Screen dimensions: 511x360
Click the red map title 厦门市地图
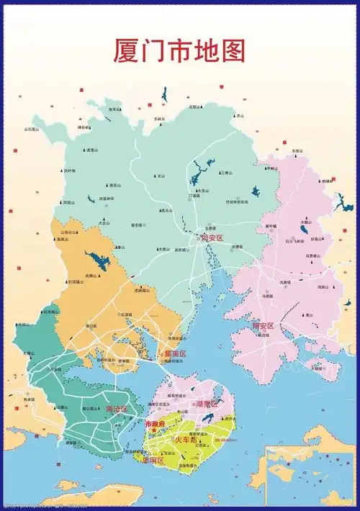click(179, 50)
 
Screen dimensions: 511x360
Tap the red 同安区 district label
click(213, 238)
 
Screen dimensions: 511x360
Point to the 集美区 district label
click(174, 354)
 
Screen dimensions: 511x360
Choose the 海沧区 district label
click(116, 410)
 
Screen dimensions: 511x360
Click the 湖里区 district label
click(207, 404)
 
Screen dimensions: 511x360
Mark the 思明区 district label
click(153, 459)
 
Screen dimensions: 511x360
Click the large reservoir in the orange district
click(94, 259)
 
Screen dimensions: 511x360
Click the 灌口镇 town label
click(91, 325)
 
